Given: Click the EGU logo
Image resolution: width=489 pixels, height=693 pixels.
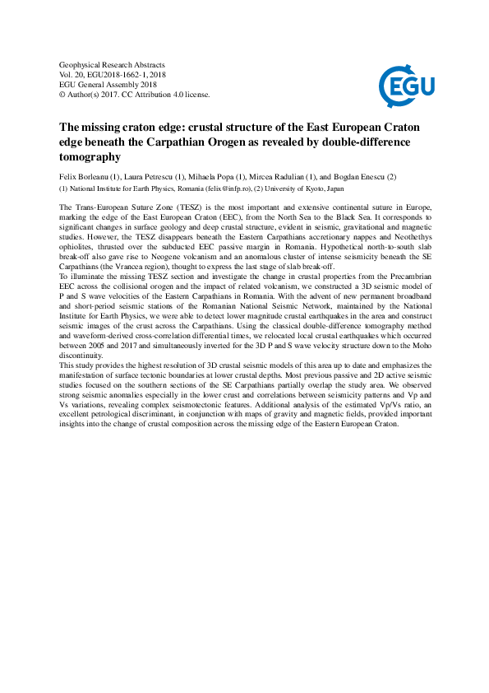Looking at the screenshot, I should click(406, 82).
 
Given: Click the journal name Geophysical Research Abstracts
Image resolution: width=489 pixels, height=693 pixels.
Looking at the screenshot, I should click(113, 64).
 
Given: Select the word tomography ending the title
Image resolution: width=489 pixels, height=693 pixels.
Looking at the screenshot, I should click(90, 156).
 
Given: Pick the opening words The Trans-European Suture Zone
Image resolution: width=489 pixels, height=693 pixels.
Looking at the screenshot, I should click(111, 205).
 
